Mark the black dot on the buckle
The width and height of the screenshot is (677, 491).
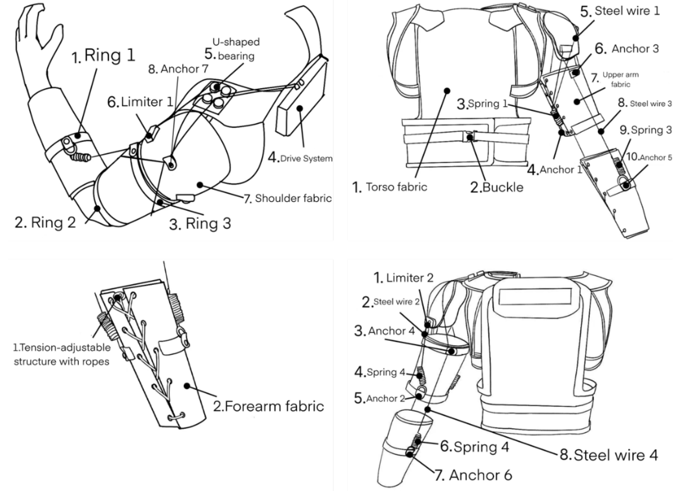click(x=470, y=138)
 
